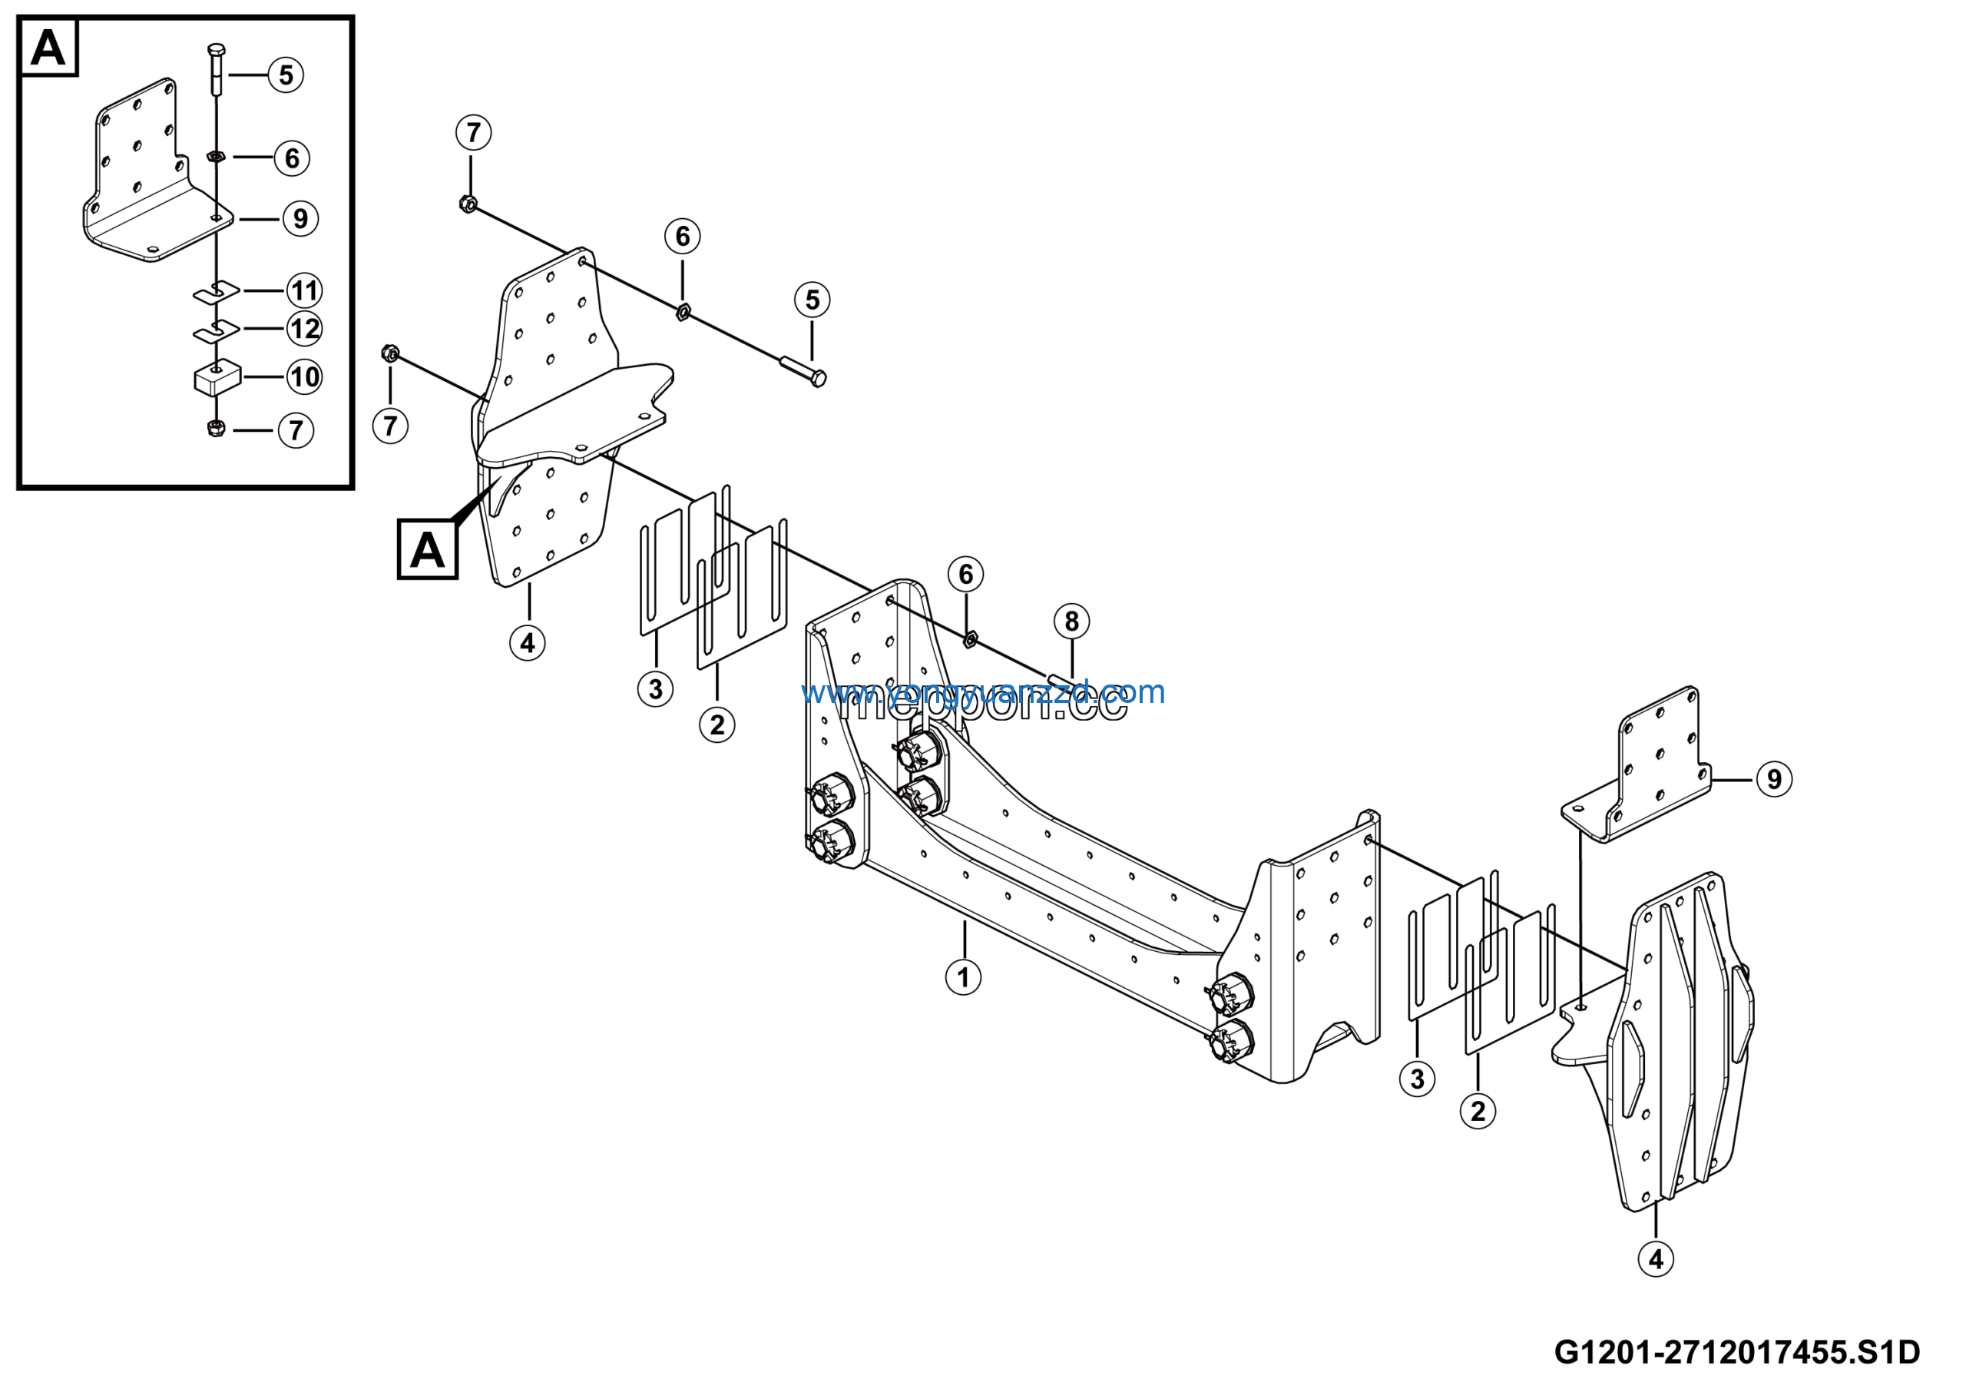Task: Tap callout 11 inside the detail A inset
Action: click(x=304, y=290)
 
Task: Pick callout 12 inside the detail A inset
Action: click(x=304, y=329)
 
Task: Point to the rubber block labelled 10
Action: click(x=217, y=378)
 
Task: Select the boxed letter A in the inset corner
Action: click(x=48, y=47)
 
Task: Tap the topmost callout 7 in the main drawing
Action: click(x=474, y=133)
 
